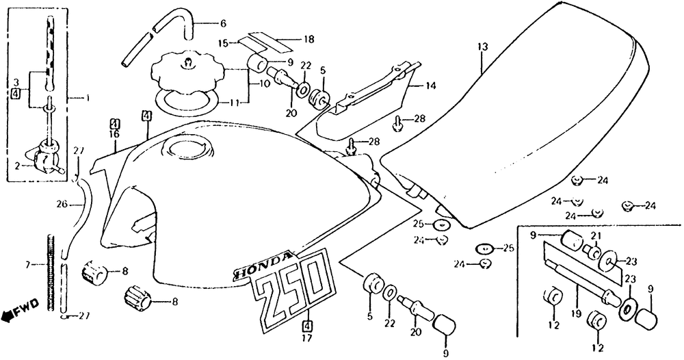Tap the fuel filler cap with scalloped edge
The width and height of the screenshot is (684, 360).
tap(187, 75)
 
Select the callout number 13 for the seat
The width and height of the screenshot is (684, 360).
tap(482, 47)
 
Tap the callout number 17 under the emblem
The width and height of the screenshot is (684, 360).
tap(307, 338)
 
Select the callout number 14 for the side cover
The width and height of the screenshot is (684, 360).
tap(430, 86)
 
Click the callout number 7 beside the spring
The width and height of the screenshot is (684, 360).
tap(28, 264)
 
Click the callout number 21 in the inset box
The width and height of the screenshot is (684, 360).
tap(596, 236)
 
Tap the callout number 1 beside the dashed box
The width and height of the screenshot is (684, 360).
tap(88, 99)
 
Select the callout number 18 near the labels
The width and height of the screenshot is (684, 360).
tap(308, 40)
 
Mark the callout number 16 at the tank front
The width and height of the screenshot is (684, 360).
tap(114, 134)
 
